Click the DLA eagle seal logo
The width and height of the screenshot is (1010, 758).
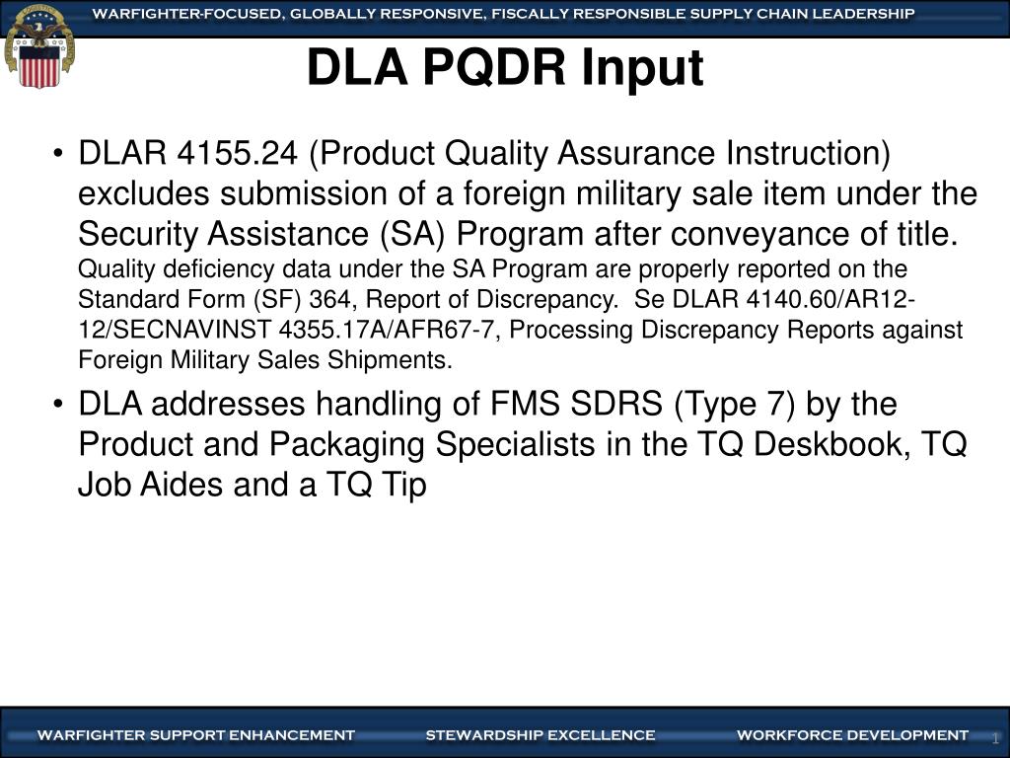[x=39, y=45]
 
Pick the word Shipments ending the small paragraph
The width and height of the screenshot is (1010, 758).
[x=404, y=360]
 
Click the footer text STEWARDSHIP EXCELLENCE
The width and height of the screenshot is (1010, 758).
[x=541, y=735]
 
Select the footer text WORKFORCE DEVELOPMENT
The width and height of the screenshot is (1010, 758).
[x=852, y=735]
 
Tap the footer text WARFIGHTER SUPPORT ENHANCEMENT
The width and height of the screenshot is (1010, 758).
[x=195, y=735]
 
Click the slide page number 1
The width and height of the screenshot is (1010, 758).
[x=995, y=739]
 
